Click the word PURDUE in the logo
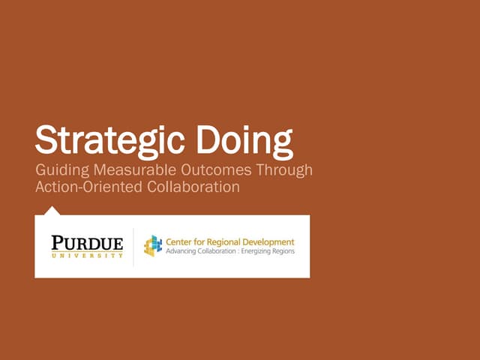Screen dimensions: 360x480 pos(87,241)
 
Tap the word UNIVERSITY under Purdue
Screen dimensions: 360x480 pos(87,255)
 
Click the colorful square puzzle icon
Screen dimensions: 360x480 pos(153,245)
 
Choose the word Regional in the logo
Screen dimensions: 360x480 pos(224,242)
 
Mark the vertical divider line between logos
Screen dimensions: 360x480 pos(133,247)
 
